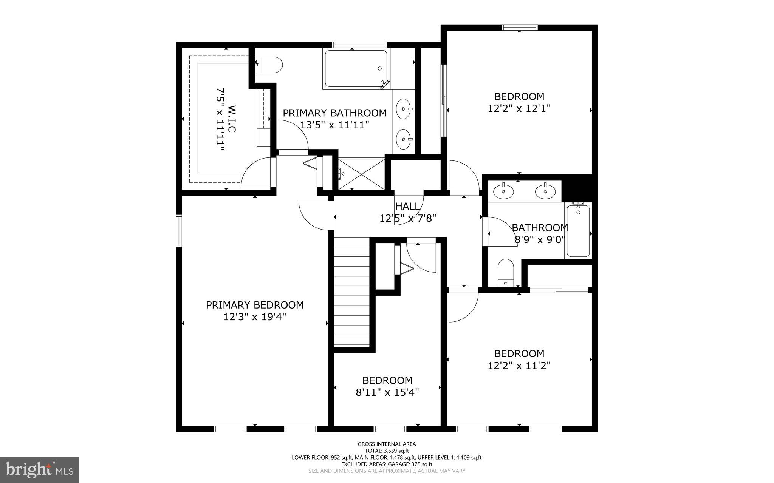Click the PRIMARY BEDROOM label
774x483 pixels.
click(254, 305)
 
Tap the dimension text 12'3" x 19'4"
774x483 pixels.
click(254, 317)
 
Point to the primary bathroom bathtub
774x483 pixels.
click(356, 69)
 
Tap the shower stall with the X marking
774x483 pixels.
click(361, 173)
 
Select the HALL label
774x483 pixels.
click(407, 207)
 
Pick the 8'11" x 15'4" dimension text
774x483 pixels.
click(387, 392)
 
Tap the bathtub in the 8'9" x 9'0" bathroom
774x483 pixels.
click(578, 231)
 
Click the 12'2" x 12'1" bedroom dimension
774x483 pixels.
click(519, 108)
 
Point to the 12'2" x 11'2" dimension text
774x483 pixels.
click(519, 366)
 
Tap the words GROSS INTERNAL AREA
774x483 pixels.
click(387, 444)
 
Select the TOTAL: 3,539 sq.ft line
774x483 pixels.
click(387, 451)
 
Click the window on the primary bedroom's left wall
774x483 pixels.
click(179, 231)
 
